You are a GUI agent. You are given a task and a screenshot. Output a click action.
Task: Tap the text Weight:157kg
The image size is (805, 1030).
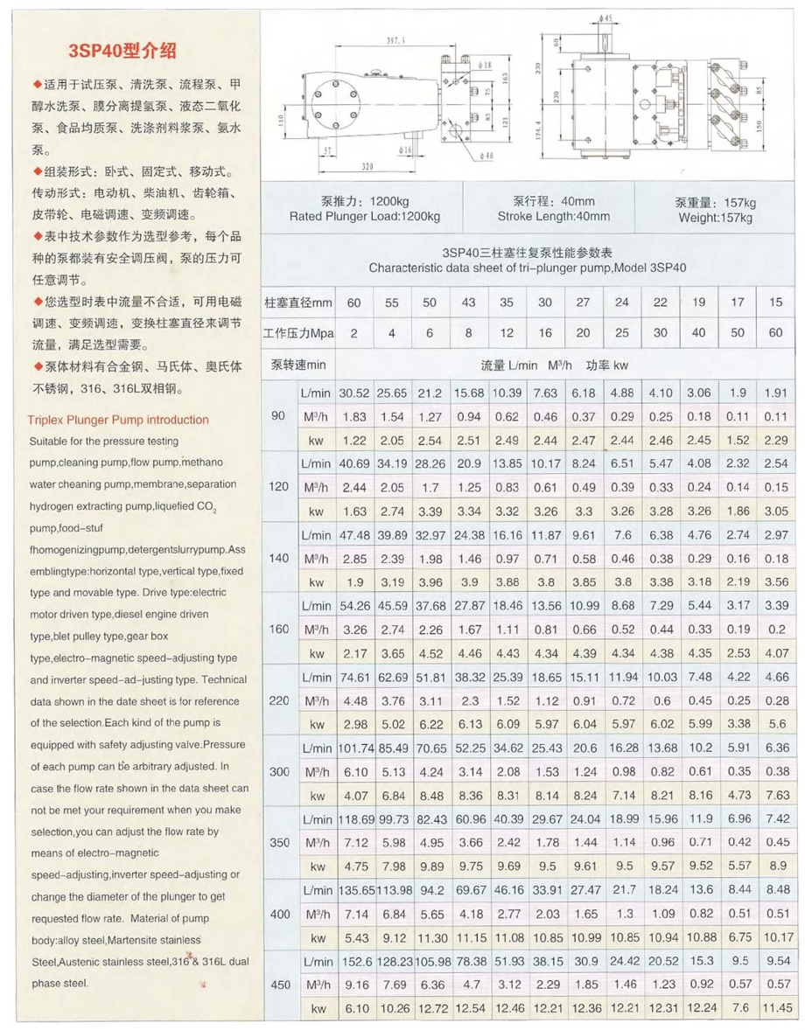(x=715, y=218)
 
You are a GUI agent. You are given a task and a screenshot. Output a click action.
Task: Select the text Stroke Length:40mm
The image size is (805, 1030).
(x=553, y=217)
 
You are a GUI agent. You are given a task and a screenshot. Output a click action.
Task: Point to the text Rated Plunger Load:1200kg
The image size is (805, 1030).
(x=366, y=217)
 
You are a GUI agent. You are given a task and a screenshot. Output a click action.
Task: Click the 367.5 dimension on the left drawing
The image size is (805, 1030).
(x=395, y=42)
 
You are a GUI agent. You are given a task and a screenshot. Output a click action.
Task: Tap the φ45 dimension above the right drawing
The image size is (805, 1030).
(x=606, y=17)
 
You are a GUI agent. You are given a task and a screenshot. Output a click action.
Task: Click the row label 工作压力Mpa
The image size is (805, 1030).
(x=298, y=334)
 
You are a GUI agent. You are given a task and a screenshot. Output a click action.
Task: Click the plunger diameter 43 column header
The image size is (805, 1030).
(x=469, y=303)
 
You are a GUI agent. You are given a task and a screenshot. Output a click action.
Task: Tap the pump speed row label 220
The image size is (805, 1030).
(x=279, y=700)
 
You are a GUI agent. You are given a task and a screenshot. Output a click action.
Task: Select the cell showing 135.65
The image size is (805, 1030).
(x=356, y=890)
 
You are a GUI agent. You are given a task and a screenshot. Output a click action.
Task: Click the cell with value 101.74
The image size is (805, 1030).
(x=356, y=748)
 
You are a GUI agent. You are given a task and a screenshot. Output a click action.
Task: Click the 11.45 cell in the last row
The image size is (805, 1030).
(x=776, y=1008)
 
